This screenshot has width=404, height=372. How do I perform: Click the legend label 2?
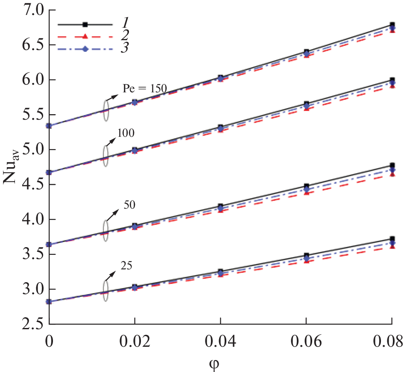pos(124,37)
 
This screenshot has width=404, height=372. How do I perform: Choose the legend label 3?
pos(124,49)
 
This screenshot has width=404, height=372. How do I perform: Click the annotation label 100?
pos(126,133)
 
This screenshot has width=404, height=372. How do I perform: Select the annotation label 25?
pos(127,265)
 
